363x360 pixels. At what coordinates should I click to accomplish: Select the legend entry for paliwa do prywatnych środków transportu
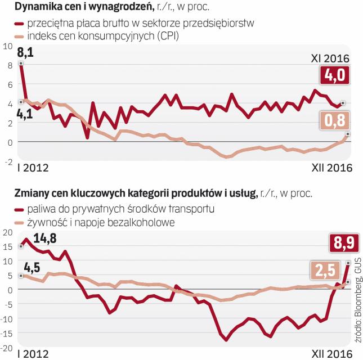pyautogui.click(x=114, y=209)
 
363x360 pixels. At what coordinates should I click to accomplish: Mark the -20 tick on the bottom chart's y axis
pyautogui.click(x=7, y=348)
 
